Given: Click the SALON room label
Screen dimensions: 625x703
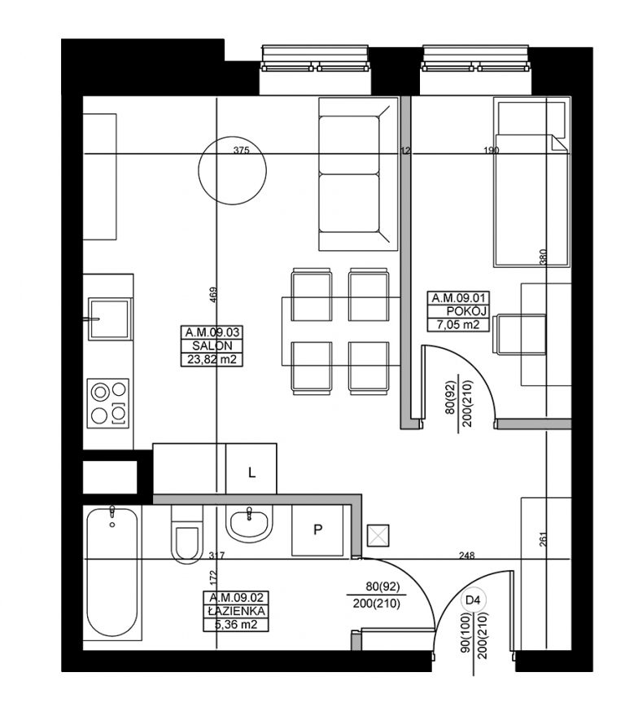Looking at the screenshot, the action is (212, 345).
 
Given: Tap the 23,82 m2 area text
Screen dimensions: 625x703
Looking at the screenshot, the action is (212, 359).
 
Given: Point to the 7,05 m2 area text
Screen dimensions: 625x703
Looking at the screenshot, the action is (458, 324).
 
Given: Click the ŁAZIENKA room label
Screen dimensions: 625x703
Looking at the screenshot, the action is (237, 611).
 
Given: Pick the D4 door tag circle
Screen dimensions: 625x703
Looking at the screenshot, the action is (473, 600).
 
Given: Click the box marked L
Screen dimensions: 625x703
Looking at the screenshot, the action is (251, 469).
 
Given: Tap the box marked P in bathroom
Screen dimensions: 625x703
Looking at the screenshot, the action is (317, 530).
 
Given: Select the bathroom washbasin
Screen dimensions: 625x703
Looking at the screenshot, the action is (249, 524).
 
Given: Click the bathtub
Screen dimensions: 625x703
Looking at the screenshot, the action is (112, 573).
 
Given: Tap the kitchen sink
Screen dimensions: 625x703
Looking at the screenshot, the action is (110, 319).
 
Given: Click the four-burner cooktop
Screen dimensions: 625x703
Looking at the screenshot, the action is (108, 403).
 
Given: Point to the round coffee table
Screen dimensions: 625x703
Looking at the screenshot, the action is (233, 170).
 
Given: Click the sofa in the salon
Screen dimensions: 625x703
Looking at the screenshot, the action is (358, 174).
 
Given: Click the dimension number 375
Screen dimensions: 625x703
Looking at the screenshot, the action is (241, 150).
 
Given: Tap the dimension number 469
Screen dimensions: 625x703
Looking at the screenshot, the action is (213, 295).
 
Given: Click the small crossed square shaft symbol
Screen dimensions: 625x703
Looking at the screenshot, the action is (378, 536).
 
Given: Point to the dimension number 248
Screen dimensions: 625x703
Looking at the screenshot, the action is (467, 556).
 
